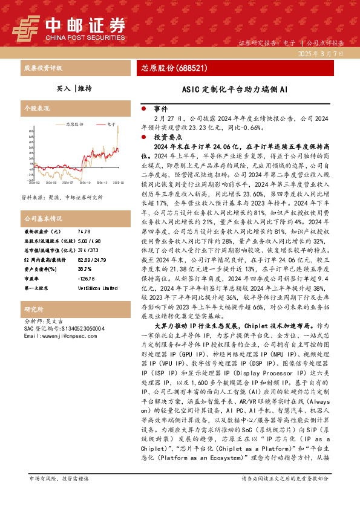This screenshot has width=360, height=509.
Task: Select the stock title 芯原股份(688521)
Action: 174,68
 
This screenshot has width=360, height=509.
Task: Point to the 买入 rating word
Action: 63,88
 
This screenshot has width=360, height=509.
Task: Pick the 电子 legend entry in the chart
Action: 111,123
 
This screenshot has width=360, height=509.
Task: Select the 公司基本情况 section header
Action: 42,218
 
